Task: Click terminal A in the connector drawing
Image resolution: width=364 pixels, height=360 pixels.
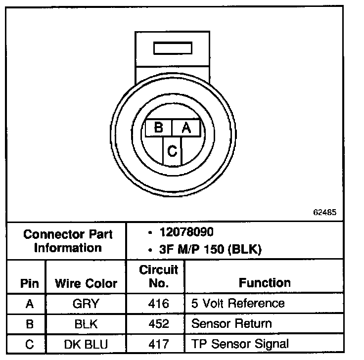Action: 186,128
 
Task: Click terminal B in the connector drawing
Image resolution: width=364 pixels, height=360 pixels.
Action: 158,128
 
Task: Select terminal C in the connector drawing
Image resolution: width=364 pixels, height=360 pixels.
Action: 172,151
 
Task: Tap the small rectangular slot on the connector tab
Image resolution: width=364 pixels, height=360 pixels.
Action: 172,48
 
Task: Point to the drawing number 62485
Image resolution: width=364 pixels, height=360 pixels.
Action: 325,212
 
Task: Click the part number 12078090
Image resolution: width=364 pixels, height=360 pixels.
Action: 186,232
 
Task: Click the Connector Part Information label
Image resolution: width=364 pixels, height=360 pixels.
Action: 68,241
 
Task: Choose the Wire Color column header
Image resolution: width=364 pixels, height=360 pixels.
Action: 86,283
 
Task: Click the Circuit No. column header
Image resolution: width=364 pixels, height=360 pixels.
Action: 158,277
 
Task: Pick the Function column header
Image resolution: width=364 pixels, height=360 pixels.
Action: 265,283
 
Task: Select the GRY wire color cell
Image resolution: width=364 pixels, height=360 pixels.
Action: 86,304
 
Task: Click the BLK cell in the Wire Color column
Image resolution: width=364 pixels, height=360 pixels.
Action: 86,324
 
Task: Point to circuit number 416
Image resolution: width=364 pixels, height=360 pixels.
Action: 158,304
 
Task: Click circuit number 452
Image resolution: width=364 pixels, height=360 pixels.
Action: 158,324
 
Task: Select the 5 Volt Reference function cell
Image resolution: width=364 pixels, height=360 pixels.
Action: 238,303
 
